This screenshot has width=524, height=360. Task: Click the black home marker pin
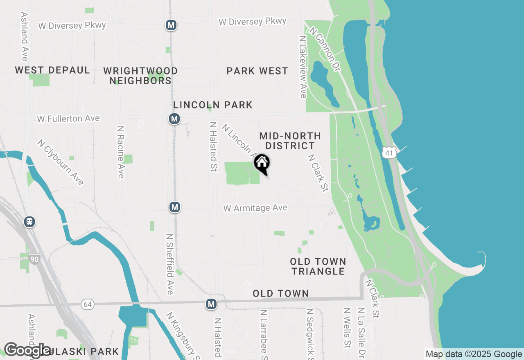pyautogui.click(x=262, y=164)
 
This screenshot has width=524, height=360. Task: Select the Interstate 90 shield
pyautogui.click(x=34, y=259)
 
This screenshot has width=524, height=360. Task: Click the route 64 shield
pyautogui.click(x=87, y=304)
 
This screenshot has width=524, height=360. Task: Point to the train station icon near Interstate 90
pyautogui.click(x=29, y=222)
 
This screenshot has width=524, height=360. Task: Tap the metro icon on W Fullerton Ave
pyautogui.click(x=174, y=119)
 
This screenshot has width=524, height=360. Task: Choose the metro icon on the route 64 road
pyautogui.click(x=211, y=304)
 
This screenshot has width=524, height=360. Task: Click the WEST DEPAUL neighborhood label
pyautogui.click(x=52, y=70)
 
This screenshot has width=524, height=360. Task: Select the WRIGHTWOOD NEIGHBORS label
pyautogui.click(x=140, y=76)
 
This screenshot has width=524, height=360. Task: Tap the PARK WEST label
pyautogui.click(x=257, y=71)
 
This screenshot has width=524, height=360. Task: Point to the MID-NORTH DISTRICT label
pyautogui.click(x=290, y=141)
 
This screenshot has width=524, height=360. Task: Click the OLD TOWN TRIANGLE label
pyautogui.click(x=318, y=266)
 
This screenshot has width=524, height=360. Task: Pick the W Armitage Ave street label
pyautogui.click(x=255, y=208)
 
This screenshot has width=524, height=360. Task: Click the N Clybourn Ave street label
pyautogui.click(x=60, y=162)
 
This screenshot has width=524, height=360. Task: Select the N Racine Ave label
pyautogui.click(x=120, y=152)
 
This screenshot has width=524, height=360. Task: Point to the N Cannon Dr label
pyautogui.click(x=325, y=49)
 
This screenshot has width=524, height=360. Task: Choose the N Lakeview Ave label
pyautogui.click(x=303, y=67)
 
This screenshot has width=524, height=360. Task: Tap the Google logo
pyautogui.click(x=28, y=351)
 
